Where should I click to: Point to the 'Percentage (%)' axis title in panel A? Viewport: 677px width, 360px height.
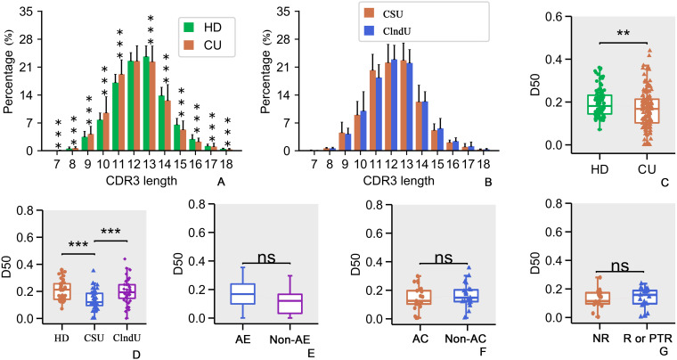[x=9, y=82]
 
